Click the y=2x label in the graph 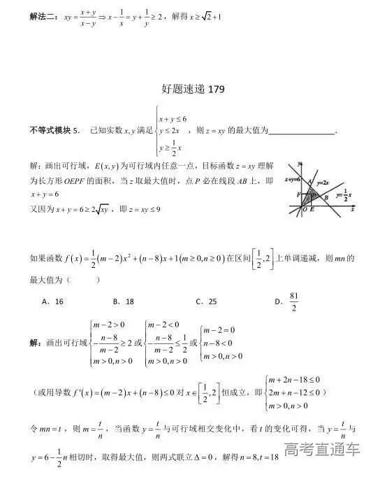(322, 182)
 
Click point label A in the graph (309, 182)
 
